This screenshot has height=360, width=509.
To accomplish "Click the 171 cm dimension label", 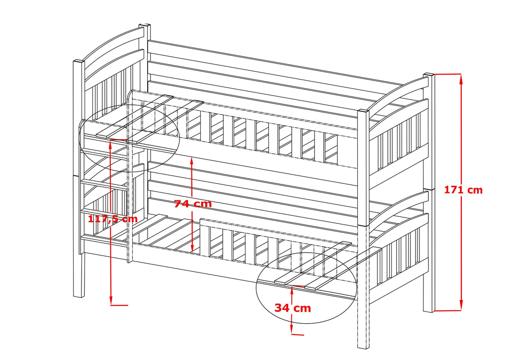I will coord(463,189).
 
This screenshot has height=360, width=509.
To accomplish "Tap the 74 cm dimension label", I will coord(193,203).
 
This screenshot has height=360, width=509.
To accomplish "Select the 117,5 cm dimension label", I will coord(112,218).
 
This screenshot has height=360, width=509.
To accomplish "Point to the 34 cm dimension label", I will coord(293,308).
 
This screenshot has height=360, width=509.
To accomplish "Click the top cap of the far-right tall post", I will coord(428,76).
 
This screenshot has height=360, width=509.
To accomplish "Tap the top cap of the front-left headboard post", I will coord(79,61).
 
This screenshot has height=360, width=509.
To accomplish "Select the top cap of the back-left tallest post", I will coord(145,25).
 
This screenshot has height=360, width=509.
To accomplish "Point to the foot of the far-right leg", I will coord(428,310).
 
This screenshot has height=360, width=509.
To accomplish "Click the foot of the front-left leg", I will coord(79,296).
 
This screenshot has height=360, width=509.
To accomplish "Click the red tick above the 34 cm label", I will coord(298,286).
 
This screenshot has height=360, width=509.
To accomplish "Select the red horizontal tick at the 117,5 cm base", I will coord(119,304).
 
